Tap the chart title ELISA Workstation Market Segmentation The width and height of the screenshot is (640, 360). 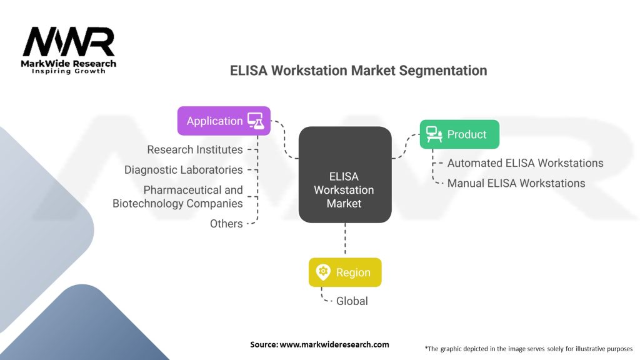point(358,71)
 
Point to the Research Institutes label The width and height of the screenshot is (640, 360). point(195,150)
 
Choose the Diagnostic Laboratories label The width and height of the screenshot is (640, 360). point(184,170)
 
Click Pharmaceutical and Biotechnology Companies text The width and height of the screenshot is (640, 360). point(178,196)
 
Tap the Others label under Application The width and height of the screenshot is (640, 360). point(226,223)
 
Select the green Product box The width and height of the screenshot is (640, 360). point(459,134)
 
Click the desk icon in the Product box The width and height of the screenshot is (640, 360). point(434,134)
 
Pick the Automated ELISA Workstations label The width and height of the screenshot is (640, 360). point(525,163)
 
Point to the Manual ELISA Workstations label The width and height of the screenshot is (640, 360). point(516,183)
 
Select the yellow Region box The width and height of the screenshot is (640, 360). point(345,272)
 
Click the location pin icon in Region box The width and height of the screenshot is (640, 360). point(323,272)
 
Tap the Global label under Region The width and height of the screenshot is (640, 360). point(352,301)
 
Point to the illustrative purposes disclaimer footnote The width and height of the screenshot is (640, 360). point(528,348)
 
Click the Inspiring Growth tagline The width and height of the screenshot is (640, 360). point(69,71)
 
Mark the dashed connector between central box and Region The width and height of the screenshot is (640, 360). point(344,241)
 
